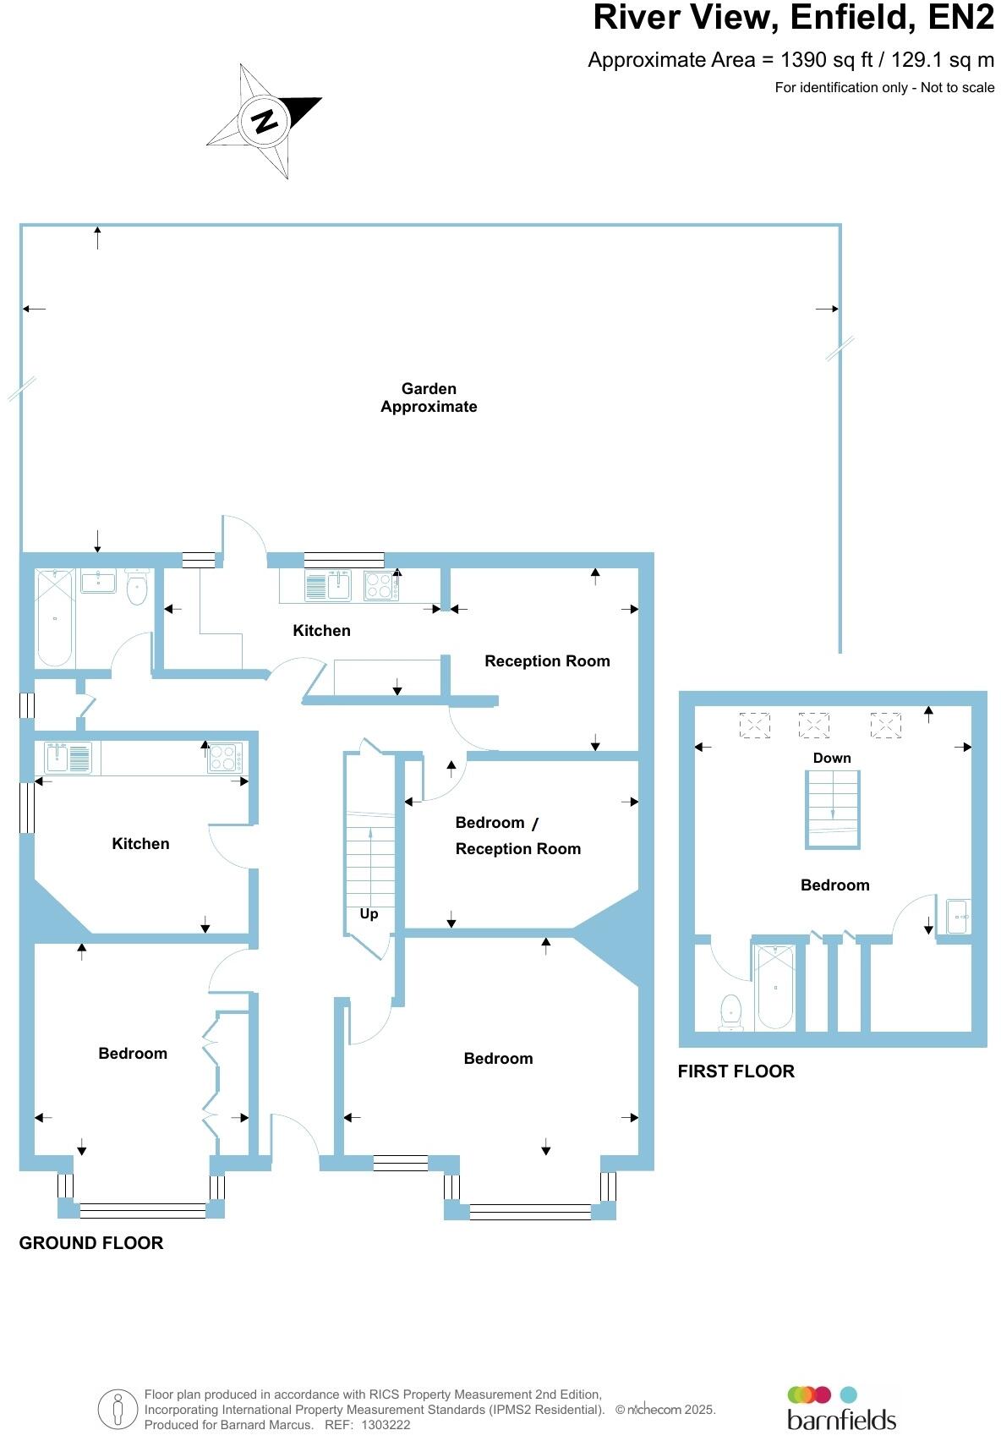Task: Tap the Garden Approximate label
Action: point(429,397)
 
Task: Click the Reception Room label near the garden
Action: point(547,661)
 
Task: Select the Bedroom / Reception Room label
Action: point(517,836)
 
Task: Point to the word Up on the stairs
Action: point(369,914)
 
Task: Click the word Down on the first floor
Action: point(832,759)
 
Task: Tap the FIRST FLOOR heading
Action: point(736,1071)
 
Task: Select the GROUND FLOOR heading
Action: point(91,1243)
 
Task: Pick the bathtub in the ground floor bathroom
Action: point(55,617)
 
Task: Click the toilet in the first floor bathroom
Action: point(730,1011)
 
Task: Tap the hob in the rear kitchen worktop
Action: point(379,585)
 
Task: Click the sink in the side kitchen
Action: point(58,756)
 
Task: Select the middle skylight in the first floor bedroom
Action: point(813,725)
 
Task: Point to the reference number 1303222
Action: point(386,1425)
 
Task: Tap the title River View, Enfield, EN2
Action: point(793,18)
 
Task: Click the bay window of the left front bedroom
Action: point(142,1210)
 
